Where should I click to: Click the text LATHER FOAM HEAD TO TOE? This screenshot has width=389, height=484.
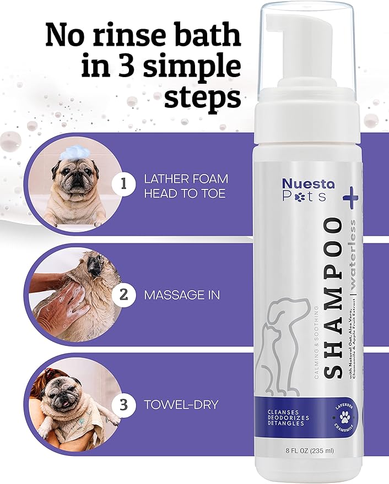(x=186, y=186)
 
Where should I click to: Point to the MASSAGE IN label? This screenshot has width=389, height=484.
(x=182, y=295)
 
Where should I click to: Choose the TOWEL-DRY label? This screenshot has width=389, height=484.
(x=181, y=405)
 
